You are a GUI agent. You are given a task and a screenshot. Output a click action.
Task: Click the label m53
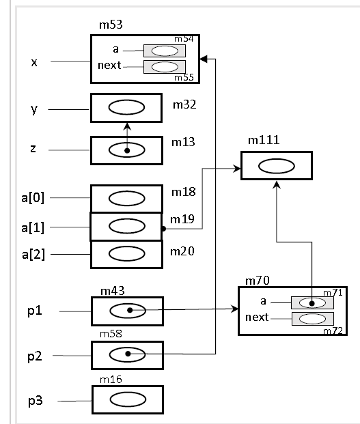111,25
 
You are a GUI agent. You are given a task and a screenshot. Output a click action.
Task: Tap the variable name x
34,62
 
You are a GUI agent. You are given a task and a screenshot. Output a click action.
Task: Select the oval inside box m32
126,107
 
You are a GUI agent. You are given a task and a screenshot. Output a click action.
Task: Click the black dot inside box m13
127,151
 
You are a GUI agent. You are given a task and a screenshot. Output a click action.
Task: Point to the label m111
264,140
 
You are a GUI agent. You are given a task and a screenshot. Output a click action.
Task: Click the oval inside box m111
277,166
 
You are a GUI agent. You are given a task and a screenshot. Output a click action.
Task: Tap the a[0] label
33,198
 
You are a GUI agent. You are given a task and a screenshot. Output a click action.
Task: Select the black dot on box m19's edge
163,229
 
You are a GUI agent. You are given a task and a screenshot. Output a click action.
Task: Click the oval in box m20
126,253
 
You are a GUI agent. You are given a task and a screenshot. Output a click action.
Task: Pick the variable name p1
35,311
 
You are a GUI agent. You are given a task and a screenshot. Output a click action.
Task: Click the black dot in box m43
130,310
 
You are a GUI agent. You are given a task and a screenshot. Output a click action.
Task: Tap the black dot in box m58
128,354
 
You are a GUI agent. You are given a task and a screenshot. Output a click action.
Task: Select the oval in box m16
128,399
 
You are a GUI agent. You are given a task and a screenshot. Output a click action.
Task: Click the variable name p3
36,401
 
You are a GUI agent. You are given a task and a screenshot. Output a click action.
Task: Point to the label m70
258,281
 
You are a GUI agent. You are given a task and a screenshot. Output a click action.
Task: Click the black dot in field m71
312,304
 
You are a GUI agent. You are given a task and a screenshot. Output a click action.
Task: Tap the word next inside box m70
257,317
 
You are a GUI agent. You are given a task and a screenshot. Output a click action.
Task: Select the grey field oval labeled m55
165,67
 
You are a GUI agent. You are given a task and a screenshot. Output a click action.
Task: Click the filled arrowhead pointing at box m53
204,59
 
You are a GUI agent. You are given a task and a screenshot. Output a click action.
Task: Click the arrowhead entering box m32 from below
127,126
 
